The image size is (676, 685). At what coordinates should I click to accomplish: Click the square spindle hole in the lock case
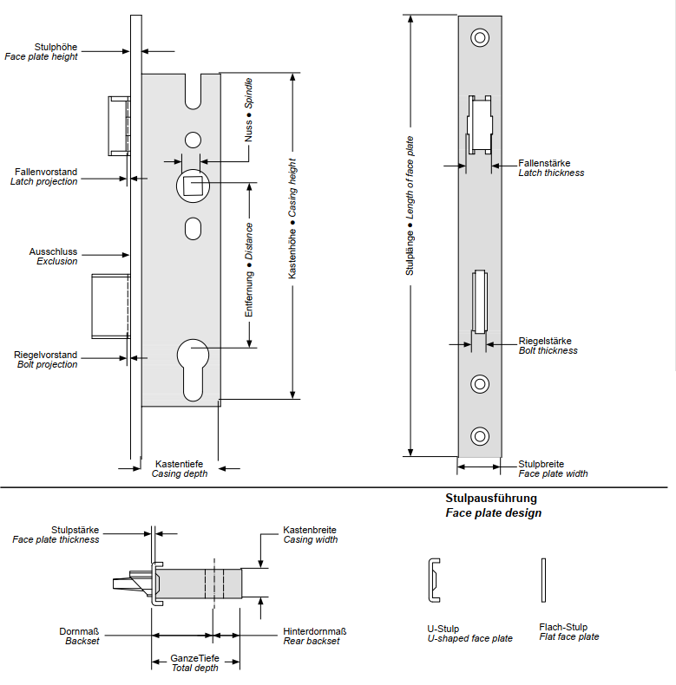191,185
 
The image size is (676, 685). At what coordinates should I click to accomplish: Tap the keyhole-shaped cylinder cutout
192,364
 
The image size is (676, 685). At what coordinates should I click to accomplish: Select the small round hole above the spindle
192,139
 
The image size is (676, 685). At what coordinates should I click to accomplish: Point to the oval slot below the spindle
192,229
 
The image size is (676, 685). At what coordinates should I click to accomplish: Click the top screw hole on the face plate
479,37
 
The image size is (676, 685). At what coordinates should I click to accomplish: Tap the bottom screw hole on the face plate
479,435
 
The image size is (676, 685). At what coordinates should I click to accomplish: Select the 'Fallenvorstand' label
45,172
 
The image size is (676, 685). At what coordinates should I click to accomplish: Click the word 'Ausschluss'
53,251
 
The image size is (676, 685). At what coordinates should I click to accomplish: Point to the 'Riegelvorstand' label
45,355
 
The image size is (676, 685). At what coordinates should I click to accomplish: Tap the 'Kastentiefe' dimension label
179,464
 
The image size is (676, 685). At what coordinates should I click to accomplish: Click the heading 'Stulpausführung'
491,499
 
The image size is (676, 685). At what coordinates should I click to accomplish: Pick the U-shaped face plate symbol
433,580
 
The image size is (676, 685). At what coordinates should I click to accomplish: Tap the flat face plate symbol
544,580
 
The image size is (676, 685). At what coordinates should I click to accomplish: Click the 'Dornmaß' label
79,631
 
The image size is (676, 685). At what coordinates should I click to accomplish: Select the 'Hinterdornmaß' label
315,631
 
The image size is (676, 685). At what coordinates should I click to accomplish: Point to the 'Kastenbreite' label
310,530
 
